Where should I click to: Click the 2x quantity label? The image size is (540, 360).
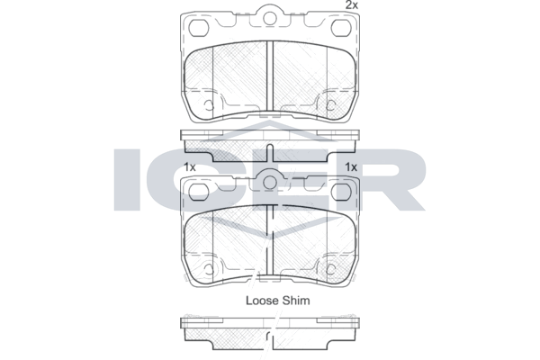click(x=352, y=5)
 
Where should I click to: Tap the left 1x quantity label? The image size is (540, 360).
click(x=190, y=167)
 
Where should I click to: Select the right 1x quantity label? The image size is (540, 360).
click(x=351, y=167)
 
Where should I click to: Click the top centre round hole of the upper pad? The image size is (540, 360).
click(x=270, y=18)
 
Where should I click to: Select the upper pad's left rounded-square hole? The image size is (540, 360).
click(x=200, y=28)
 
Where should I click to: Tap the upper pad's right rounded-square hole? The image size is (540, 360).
click(x=341, y=28)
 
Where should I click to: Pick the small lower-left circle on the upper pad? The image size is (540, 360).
click(x=209, y=105)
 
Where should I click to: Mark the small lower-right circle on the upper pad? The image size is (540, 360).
click(x=331, y=105)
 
